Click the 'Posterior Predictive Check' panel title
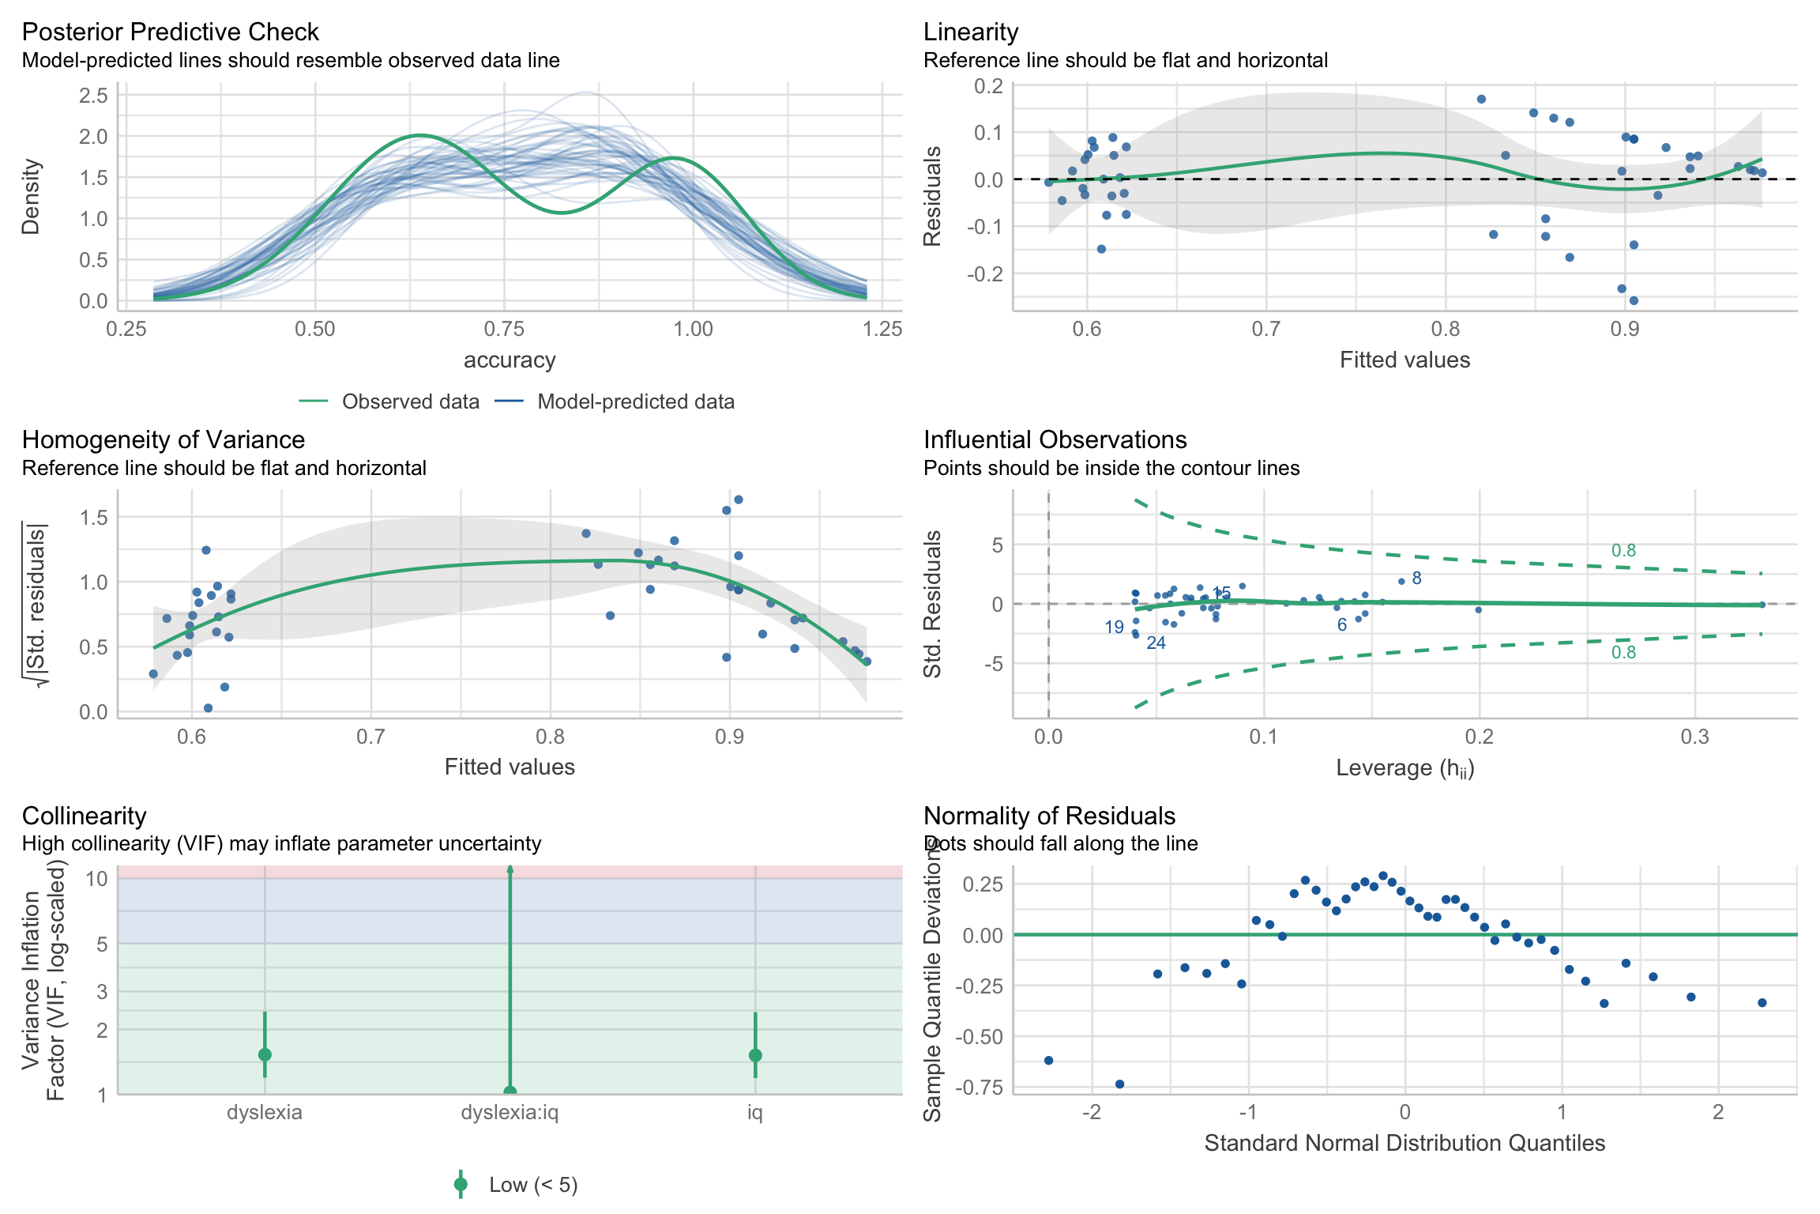(x=170, y=32)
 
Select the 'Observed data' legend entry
(x=410, y=402)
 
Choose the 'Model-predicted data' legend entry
(x=635, y=402)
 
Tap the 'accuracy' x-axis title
(x=510, y=360)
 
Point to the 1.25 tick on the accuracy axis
(x=882, y=329)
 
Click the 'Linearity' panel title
(x=970, y=32)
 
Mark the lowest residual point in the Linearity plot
(x=1634, y=300)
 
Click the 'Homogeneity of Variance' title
(x=163, y=439)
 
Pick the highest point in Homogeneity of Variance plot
(x=739, y=500)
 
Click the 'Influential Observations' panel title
(x=1055, y=439)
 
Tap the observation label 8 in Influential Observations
(x=1416, y=579)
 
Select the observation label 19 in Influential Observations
(x=1114, y=628)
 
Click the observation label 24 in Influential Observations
(x=1156, y=643)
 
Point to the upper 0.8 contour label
(x=1623, y=551)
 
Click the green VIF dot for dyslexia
(x=265, y=1054)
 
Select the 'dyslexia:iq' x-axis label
(x=510, y=1113)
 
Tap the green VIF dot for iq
(x=755, y=1055)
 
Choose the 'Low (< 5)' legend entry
(x=533, y=1185)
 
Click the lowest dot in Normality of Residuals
(x=1119, y=1084)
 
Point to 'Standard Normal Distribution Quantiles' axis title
(x=1404, y=1144)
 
